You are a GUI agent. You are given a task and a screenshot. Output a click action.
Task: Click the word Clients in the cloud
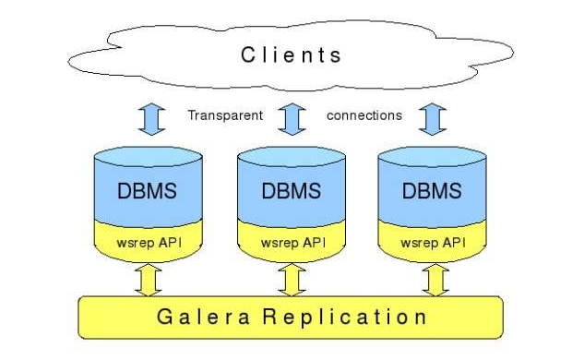pos(292,54)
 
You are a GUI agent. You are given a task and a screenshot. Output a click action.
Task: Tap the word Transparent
pos(226,115)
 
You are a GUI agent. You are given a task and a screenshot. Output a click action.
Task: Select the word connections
pos(364,115)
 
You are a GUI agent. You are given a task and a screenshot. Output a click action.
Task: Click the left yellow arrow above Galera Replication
pos(148,279)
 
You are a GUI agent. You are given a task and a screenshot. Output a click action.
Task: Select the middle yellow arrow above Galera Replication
pos(292,279)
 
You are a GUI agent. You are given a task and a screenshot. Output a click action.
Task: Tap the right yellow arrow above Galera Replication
pos(433,279)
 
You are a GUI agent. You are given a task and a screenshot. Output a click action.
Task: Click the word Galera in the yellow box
pos(196,318)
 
